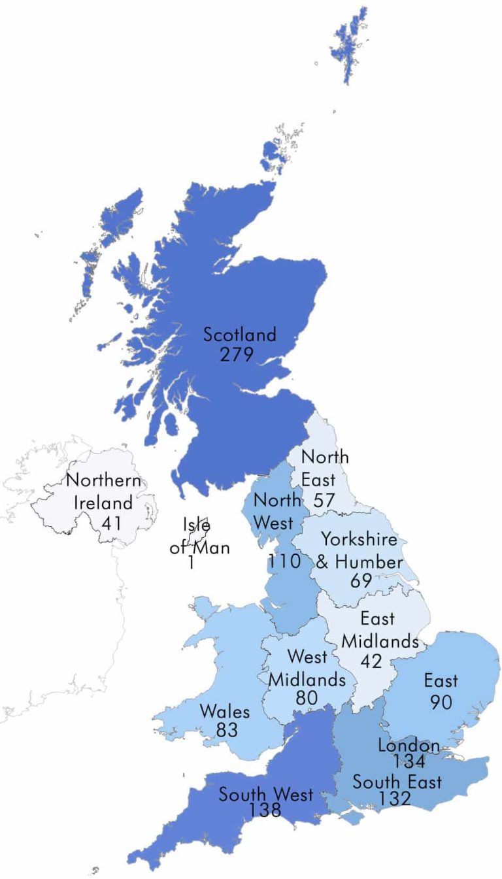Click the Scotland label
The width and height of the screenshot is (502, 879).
(x=240, y=335)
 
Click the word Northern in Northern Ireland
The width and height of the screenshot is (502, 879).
(x=103, y=481)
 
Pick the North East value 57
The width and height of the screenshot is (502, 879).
(x=324, y=501)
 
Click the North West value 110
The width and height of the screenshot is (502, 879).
(x=284, y=561)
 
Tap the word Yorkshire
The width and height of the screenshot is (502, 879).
(x=359, y=540)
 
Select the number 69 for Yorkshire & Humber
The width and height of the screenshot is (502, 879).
(x=360, y=580)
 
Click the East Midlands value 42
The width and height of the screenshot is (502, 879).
(x=371, y=661)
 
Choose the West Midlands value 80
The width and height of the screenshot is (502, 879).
(x=307, y=698)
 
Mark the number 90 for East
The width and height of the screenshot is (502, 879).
(x=441, y=702)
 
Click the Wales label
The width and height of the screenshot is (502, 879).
(x=225, y=710)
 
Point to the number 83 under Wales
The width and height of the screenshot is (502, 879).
(x=227, y=729)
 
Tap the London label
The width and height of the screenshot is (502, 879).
(x=409, y=746)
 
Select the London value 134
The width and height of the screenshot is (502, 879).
(x=410, y=761)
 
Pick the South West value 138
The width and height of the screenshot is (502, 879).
(x=265, y=811)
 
